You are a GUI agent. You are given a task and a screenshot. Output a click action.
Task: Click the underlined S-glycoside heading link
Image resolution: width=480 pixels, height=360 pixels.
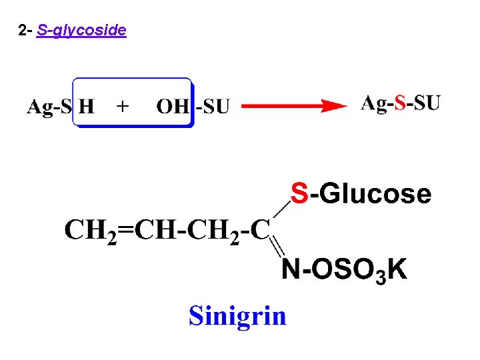point(82,31)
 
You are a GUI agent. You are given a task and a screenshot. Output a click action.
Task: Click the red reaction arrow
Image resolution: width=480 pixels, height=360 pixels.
point(293,105)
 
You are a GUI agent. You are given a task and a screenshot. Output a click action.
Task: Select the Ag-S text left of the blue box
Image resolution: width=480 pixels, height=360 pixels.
point(49,106)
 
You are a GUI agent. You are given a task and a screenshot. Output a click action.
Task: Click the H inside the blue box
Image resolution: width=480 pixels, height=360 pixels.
point(87,106)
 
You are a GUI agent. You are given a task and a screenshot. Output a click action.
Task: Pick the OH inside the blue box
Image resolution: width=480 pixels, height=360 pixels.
point(173,106)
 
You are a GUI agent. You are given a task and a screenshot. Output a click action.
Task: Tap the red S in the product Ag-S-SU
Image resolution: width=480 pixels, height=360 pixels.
point(400,103)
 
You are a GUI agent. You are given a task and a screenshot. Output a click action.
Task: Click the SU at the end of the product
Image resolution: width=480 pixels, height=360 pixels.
point(427,103)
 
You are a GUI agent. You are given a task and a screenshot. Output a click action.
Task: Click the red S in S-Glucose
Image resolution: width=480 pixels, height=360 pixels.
point(301,194)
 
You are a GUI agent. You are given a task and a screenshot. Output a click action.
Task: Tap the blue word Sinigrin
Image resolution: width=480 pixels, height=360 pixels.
point(237,315)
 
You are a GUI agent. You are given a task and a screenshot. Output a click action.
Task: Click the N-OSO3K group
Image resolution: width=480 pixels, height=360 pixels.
point(344,270)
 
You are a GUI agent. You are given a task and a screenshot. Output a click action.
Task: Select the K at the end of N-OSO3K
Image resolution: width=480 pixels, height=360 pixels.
point(397,269)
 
